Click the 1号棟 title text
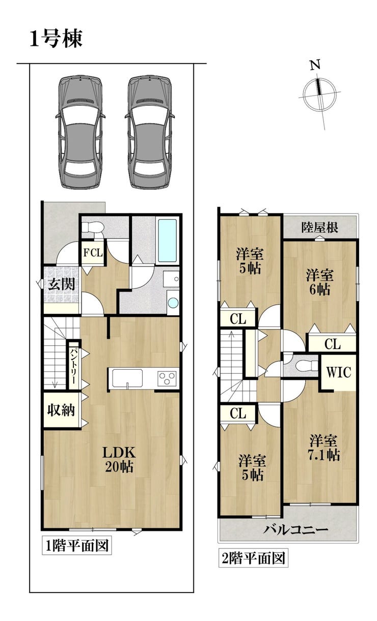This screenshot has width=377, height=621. (56, 39)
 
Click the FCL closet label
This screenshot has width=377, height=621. (93, 253)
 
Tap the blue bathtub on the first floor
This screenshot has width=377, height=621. (167, 241)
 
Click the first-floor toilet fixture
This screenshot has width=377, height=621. (92, 228)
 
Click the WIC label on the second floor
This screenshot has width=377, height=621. (338, 372)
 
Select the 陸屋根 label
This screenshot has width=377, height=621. (320, 227)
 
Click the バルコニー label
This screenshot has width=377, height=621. (296, 530)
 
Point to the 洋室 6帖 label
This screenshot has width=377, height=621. (319, 282)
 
